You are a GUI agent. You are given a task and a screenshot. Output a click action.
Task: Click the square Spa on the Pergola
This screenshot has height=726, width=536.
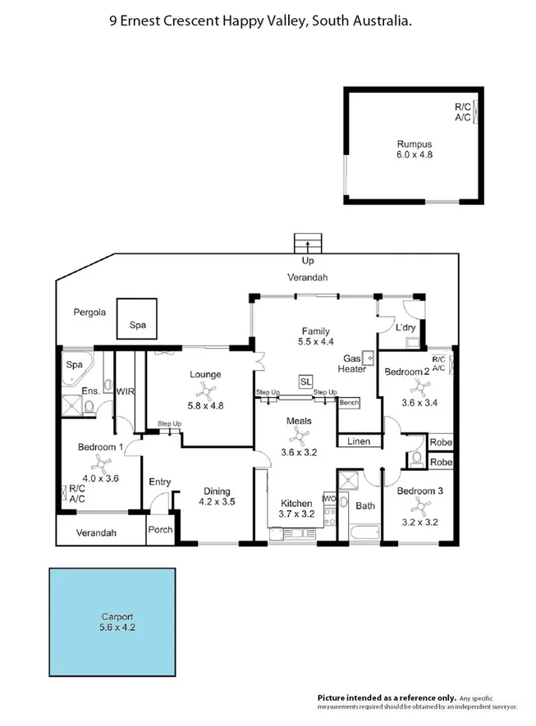click(137, 317)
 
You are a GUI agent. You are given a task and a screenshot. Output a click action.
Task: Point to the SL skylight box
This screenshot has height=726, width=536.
click(305, 381)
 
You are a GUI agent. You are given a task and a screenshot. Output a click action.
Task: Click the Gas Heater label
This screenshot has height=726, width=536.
click(354, 364)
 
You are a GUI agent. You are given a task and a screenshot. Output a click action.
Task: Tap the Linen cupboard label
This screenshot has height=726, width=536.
click(359, 441)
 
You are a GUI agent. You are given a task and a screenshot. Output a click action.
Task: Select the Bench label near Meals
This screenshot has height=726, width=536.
click(349, 403)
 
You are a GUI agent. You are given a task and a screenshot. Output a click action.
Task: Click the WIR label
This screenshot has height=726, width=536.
click(126, 391)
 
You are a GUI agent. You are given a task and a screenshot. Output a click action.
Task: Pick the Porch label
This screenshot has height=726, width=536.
click(160, 529)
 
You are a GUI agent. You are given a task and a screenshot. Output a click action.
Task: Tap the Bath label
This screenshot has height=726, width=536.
click(365, 505)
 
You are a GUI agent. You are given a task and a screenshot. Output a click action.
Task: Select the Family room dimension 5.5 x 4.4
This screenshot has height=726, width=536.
click(305, 342)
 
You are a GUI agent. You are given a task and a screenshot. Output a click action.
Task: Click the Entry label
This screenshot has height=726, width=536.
click(159, 482)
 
